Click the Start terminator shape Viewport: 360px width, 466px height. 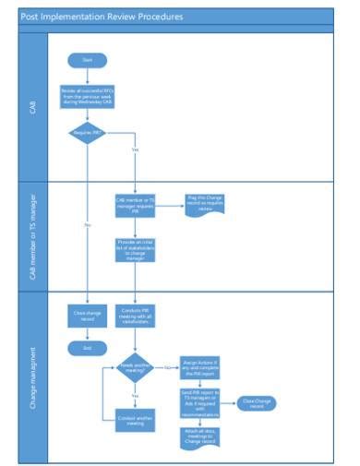coord(88,59)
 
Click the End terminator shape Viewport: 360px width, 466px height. coord(88,348)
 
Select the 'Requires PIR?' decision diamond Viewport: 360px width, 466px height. coord(88,133)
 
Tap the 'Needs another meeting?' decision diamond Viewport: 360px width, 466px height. coord(135,368)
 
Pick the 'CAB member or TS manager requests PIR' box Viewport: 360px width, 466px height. coord(135,204)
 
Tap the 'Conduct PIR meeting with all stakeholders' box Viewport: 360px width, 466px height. coord(135,316)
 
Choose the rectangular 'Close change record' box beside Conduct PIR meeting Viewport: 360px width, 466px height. coord(88,315)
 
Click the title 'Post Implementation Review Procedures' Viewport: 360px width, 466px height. coord(102,18)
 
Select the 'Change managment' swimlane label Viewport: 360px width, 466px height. coord(34,377)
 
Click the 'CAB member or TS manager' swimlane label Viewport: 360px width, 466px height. coord(34,237)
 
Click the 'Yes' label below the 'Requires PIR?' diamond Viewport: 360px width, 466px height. coord(136,149)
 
